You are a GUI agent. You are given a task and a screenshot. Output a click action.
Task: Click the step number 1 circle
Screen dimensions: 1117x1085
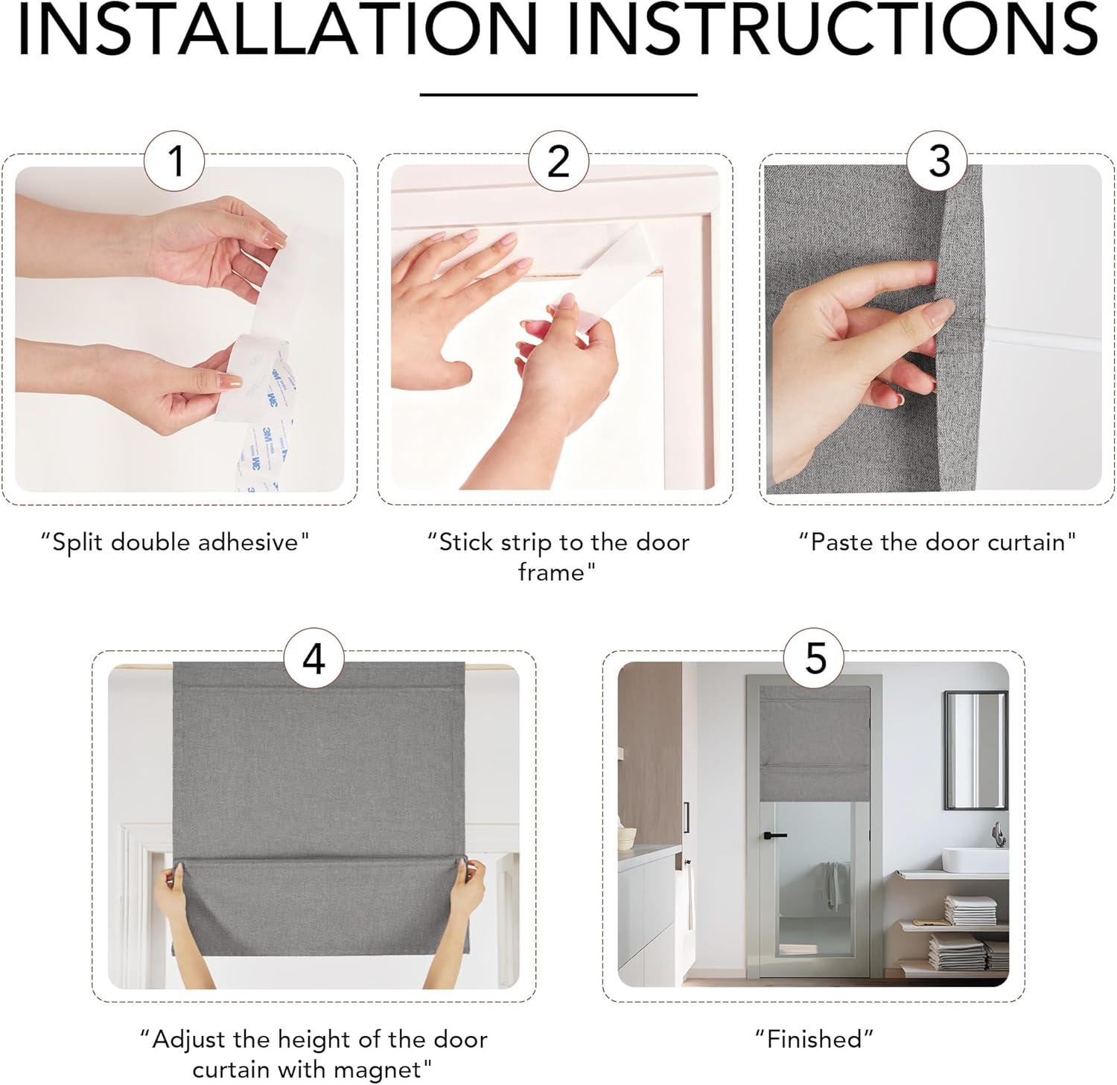(x=176, y=160)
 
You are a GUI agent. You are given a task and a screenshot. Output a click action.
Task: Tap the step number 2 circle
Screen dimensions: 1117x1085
(x=558, y=160)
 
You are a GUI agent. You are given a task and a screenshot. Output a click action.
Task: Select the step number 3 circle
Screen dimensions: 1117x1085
(x=939, y=160)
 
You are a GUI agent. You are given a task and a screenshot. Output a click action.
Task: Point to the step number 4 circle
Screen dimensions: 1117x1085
(x=314, y=658)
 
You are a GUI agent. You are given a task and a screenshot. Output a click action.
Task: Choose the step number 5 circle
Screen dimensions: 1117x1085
(x=815, y=658)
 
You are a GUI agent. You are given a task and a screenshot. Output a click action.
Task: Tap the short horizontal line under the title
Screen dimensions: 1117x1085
(x=558, y=95)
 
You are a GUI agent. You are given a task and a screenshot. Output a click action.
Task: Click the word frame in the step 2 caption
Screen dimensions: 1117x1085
(x=553, y=572)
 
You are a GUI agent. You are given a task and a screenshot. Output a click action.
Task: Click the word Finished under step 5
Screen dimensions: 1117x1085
(x=814, y=1038)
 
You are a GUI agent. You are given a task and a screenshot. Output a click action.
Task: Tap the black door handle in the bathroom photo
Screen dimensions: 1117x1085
(x=774, y=835)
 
